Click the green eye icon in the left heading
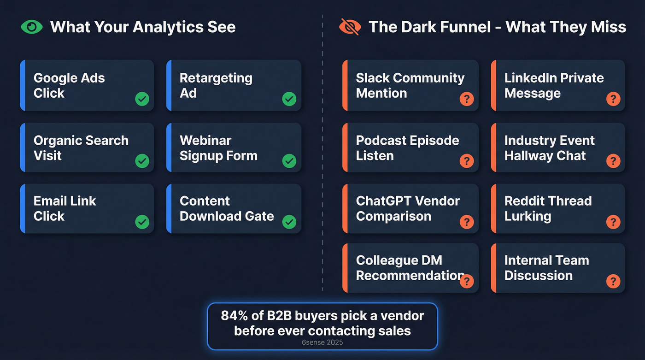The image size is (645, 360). click(31, 27)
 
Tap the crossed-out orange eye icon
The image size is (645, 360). click(350, 27)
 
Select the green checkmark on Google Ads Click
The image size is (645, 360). click(142, 99)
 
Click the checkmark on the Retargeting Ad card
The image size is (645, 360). click(289, 99)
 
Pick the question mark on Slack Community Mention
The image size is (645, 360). click(467, 99)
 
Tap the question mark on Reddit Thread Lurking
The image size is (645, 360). click(613, 222)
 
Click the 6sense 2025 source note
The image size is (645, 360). click(322, 342)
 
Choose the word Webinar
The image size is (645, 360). click(205, 141)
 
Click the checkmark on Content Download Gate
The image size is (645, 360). click(289, 222)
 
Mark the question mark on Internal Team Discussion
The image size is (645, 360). click(613, 281)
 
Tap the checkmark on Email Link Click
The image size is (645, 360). click(142, 222)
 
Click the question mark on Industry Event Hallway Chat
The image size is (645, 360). click(613, 161)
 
